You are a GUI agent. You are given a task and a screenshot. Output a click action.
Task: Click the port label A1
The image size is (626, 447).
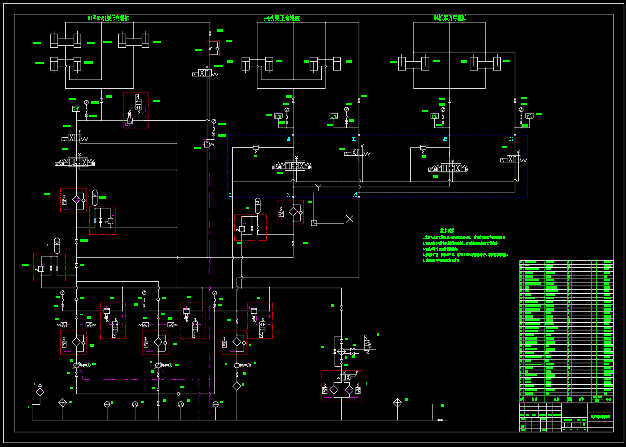tap(289, 139)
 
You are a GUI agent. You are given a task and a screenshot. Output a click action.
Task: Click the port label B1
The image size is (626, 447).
tap(354, 139)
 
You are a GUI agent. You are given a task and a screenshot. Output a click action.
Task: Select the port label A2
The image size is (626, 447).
tap(445, 139)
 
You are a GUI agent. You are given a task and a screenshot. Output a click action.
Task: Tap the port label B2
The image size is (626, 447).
tap(511, 139)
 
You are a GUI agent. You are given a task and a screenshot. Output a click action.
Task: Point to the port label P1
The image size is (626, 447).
tap(288, 195)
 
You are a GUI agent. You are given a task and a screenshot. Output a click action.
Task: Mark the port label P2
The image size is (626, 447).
tap(355, 195)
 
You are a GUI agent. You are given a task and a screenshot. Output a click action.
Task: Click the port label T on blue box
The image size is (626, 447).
tap(230, 195)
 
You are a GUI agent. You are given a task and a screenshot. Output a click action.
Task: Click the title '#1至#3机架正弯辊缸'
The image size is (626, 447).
tap(108, 18)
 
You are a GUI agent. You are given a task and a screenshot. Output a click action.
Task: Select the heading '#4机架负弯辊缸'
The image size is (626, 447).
tap(449, 18)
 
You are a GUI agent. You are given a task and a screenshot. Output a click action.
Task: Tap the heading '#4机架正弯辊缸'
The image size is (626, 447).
tap(282, 18)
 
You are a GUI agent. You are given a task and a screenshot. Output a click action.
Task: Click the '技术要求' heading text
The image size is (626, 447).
tap(447, 231)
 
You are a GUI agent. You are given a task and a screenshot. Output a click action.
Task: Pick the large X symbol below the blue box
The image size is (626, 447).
tap(350, 219)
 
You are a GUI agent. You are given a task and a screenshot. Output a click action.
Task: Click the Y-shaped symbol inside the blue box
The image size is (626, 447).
tap(318, 186)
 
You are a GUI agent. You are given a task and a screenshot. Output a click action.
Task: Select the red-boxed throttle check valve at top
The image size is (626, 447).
tap(213, 48)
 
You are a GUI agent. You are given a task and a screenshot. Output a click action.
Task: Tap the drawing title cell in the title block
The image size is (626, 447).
tap(600, 417)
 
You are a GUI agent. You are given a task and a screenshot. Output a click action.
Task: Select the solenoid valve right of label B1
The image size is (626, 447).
tap(358, 153)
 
